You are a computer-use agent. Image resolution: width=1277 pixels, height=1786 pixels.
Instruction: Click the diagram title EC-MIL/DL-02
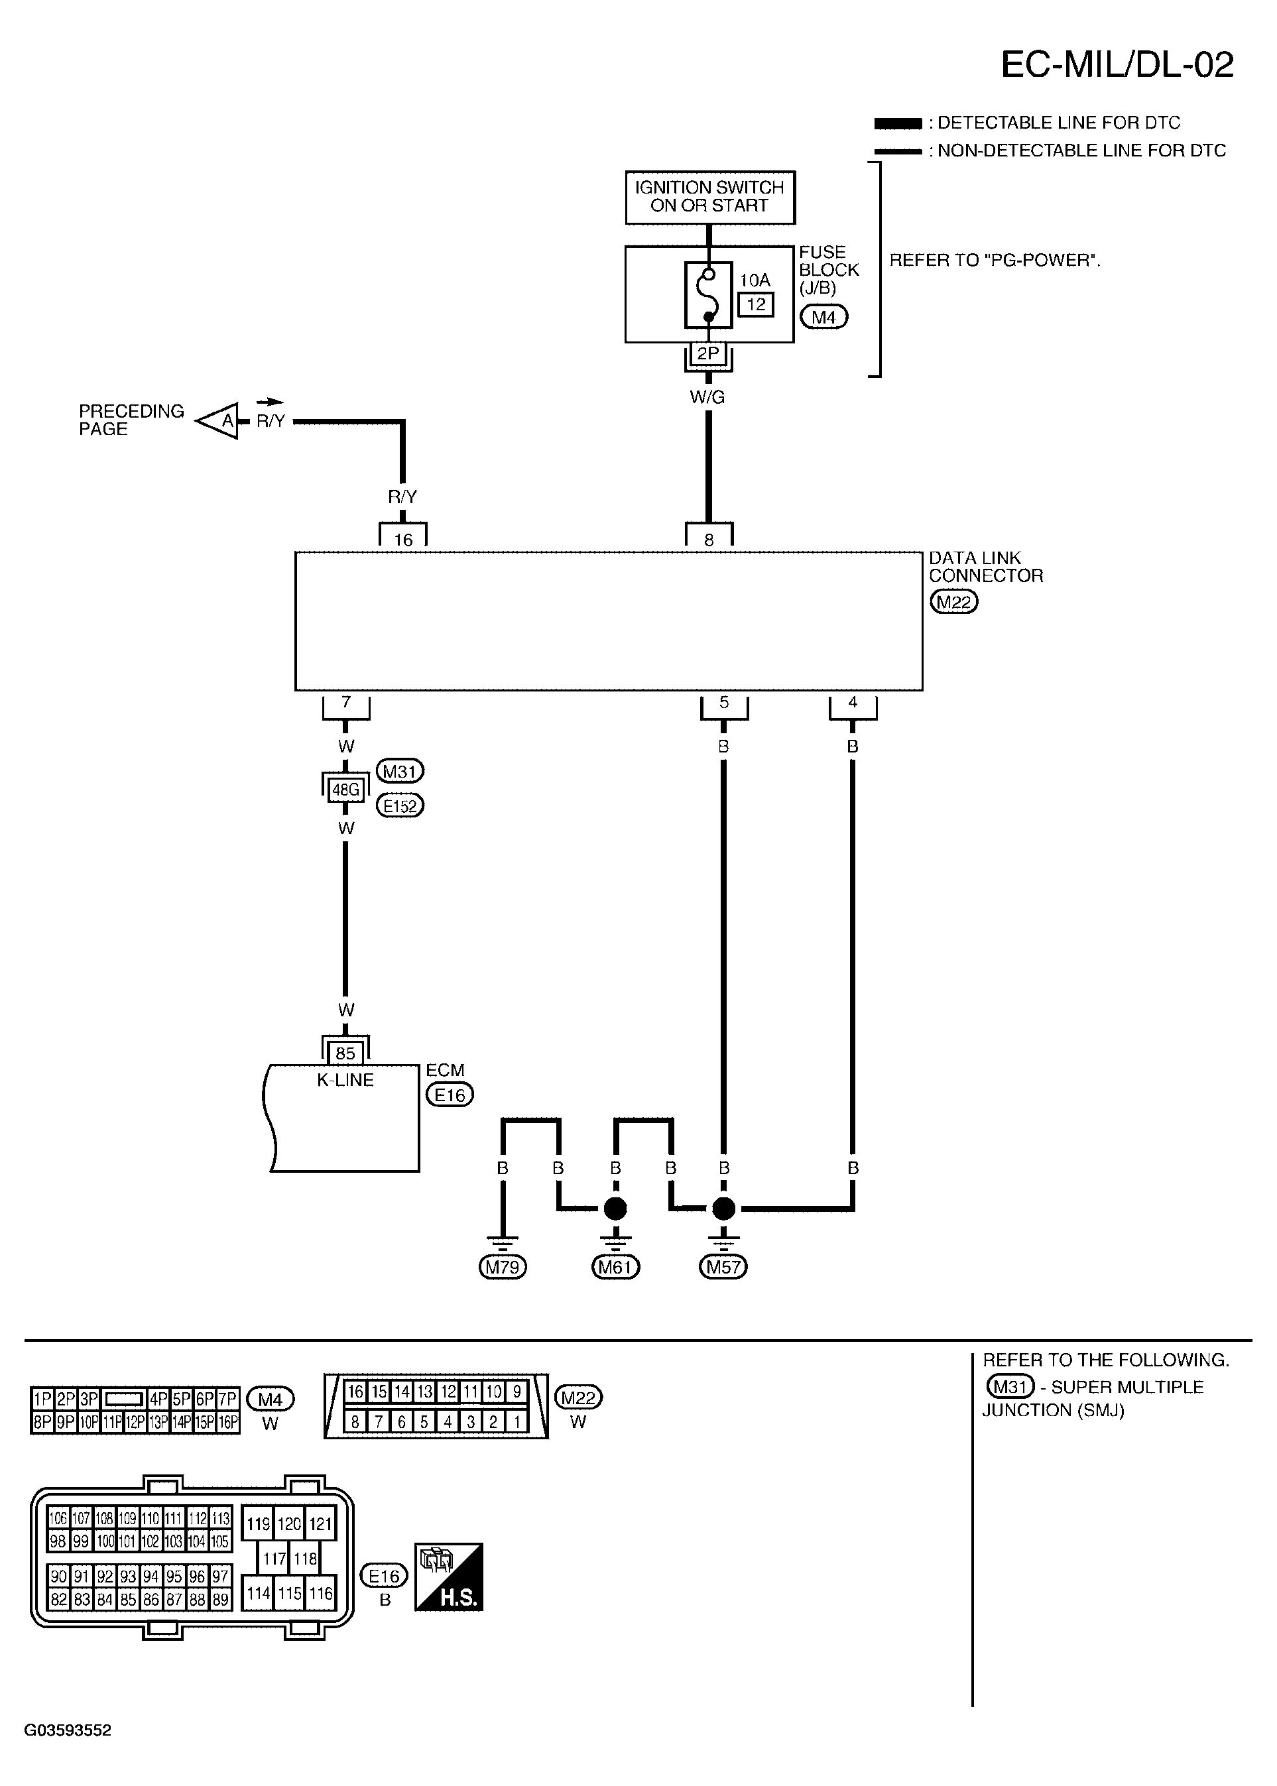click(x=1117, y=64)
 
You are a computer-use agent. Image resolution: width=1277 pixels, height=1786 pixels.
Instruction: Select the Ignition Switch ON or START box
click(x=710, y=198)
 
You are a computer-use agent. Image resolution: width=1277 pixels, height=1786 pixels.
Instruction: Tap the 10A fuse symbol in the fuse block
click(x=709, y=296)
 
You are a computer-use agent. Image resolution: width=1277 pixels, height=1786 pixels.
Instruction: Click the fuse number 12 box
click(x=756, y=304)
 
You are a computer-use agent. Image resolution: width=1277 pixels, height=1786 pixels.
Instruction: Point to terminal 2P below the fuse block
click(x=709, y=354)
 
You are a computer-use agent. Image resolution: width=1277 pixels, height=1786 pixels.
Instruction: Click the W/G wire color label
click(x=707, y=398)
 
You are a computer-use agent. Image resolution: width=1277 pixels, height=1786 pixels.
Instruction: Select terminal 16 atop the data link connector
click(x=402, y=534)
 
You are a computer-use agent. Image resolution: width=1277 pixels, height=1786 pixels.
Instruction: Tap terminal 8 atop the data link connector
click(x=709, y=534)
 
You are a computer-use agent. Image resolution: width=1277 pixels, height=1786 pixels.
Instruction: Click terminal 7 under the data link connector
click(x=346, y=706)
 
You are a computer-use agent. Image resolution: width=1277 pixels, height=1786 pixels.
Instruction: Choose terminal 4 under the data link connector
click(x=853, y=706)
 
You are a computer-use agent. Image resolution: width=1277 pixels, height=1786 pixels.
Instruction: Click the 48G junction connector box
click(x=346, y=788)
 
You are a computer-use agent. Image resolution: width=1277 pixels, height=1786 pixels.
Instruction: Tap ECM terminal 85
click(x=345, y=1053)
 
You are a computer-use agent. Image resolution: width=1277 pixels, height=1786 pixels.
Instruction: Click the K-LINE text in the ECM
click(x=345, y=1080)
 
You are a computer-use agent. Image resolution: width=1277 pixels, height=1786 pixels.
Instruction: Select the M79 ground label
click(x=503, y=1266)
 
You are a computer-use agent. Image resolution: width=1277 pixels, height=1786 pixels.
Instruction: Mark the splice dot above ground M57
click(x=723, y=1207)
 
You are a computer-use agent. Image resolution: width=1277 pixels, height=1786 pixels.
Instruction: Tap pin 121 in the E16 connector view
click(x=320, y=1524)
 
